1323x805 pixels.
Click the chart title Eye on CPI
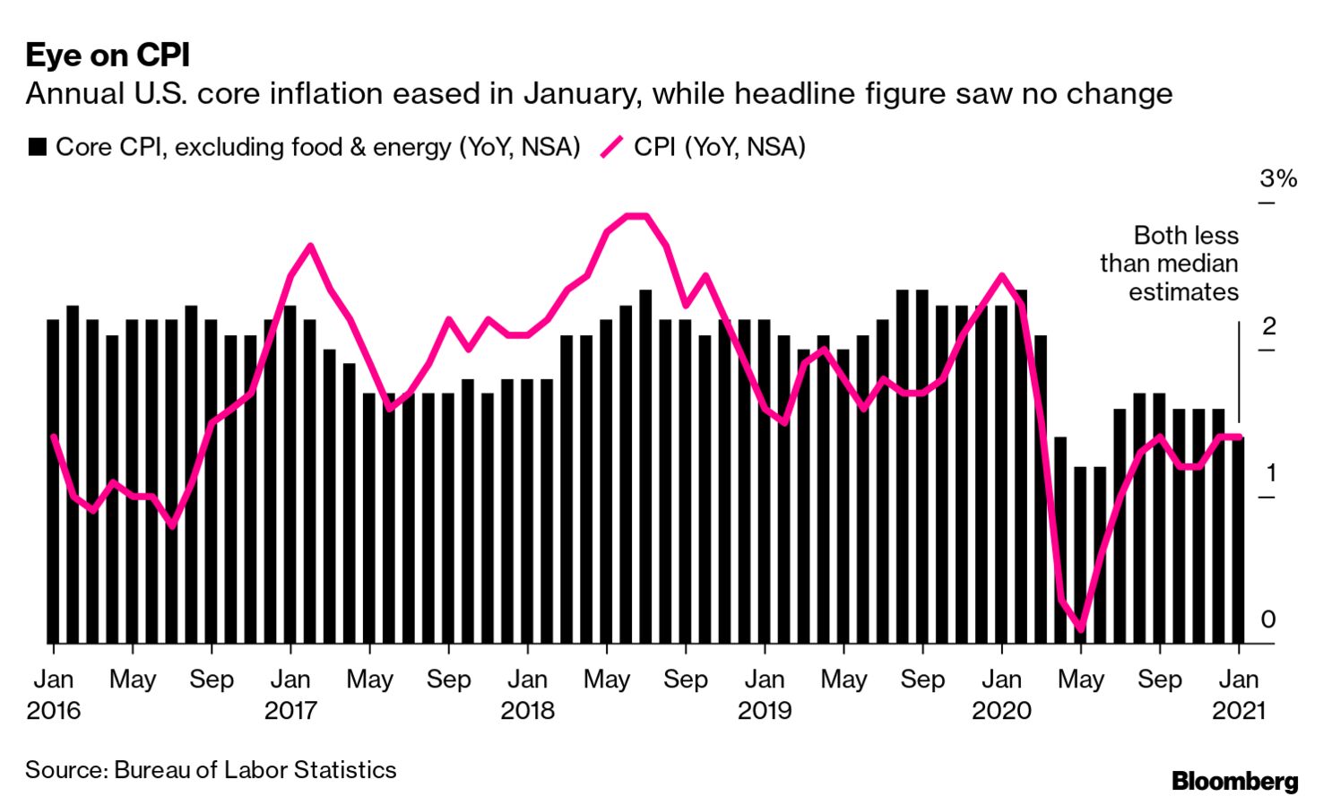[x=108, y=56]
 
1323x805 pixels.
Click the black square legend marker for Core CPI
[x=37, y=147]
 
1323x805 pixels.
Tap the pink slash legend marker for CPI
[x=611, y=147]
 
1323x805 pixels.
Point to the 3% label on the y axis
[x=1277, y=178]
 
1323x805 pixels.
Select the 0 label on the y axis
[x=1268, y=619]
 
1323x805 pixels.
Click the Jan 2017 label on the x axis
[x=290, y=695]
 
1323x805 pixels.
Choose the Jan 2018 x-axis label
[x=527, y=695]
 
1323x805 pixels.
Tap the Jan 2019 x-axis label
[x=765, y=695]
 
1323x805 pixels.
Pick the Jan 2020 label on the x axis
[x=1001, y=695]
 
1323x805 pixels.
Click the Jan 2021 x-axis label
[x=1239, y=695]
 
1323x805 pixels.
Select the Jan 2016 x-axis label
[x=54, y=695]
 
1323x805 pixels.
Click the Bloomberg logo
[x=1234, y=781]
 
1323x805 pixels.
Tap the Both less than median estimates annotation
[x=1170, y=264]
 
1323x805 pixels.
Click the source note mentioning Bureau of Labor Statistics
[x=211, y=770]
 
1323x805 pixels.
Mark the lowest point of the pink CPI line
[x=1080, y=629]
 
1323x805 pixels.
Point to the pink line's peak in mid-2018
[x=636, y=216]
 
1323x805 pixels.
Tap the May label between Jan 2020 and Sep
[x=1080, y=679]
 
